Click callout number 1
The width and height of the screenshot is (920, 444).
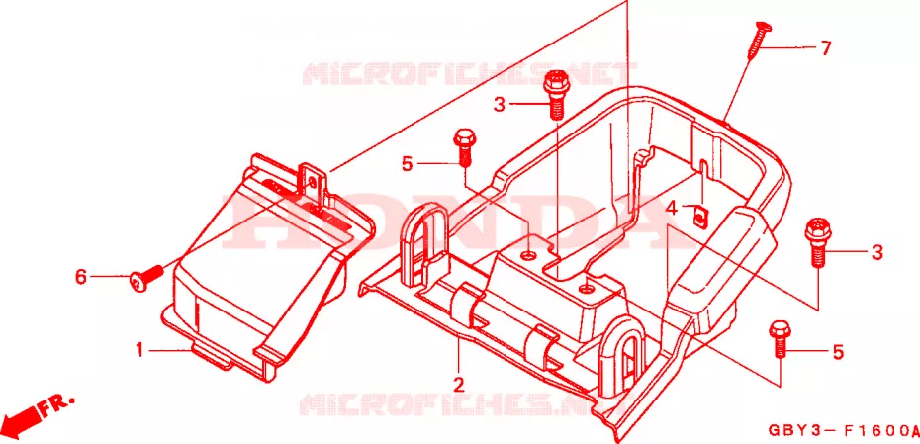tap(139, 351)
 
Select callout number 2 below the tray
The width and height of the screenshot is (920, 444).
tap(458, 386)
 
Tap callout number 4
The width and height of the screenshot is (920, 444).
tap(672, 208)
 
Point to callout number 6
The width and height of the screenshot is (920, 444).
tap(81, 276)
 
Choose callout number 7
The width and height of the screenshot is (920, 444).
tap(826, 48)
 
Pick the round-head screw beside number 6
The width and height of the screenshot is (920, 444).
tap(146, 278)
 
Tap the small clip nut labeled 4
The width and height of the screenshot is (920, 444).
tap(699, 216)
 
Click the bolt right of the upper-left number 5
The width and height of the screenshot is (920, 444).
tap(463, 147)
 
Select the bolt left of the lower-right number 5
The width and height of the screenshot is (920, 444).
tap(780, 338)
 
